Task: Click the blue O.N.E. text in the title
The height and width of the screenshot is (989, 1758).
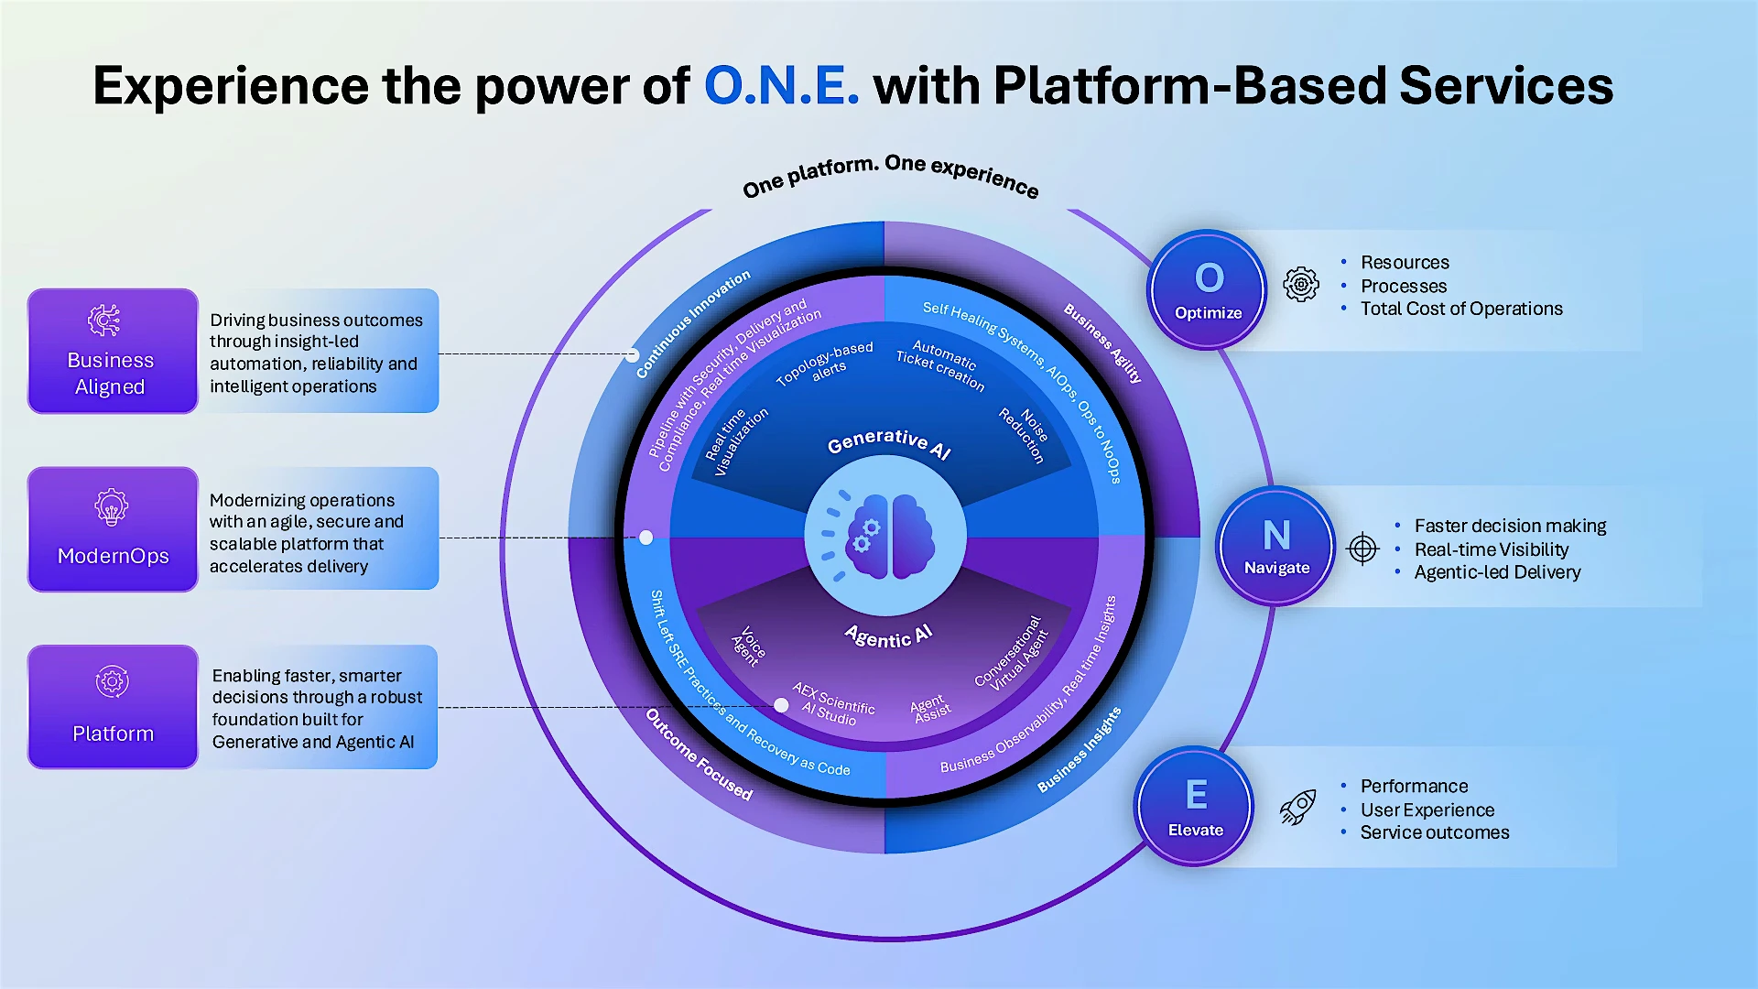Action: (x=781, y=86)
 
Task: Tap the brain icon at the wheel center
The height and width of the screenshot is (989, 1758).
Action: (x=885, y=537)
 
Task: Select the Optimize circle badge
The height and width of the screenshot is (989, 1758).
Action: (x=1208, y=289)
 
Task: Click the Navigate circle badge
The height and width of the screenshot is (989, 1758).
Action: (x=1276, y=546)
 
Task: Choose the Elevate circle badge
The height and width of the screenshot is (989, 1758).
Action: (x=1195, y=807)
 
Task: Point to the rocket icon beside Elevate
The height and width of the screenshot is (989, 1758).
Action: (x=1298, y=808)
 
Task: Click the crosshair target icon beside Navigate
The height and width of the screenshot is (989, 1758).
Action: (x=1362, y=549)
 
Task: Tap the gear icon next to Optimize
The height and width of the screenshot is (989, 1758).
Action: (x=1301, y=285)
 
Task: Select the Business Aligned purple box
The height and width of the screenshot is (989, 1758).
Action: (x=113, y=352)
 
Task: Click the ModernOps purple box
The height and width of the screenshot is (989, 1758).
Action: (x=113, y=529)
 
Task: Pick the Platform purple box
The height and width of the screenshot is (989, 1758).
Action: (x=113, y=707)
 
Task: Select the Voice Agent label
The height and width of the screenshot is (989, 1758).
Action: (x=749, y=645)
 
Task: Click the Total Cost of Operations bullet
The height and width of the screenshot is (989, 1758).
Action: (x=1460, y=309)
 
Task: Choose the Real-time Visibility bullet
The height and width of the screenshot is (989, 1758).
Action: (x=1491, y=549)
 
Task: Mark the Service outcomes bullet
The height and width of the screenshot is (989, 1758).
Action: (x=1434, y=832)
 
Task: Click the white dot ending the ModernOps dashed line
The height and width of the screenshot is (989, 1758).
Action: (x=646, y=538)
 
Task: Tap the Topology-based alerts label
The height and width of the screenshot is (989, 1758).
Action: (x=826, y=364)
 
